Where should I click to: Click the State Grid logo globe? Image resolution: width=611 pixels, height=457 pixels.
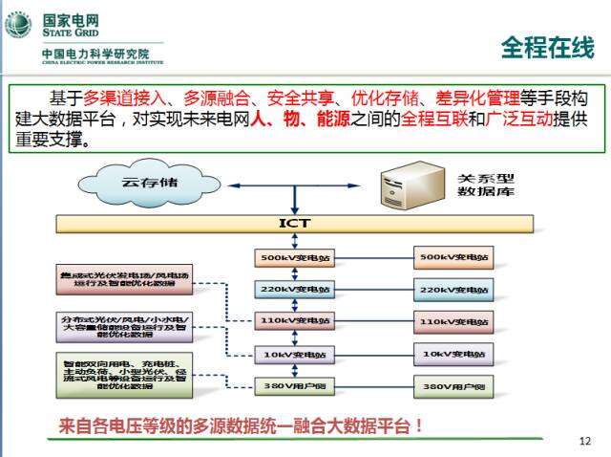click(18, 26)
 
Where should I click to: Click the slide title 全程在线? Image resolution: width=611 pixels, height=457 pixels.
click(548, 47)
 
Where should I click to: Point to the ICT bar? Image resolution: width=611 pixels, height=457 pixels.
click(294, 224)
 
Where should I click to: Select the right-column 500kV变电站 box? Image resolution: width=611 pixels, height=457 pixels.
click(454, 257)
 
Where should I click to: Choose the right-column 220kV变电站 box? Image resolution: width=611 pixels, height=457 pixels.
click(454, 289)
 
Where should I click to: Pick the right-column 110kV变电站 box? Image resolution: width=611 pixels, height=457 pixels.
click(454, 321)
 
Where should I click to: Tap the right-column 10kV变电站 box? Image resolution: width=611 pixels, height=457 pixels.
click(454, 355)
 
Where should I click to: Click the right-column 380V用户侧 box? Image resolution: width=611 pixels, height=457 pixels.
click(454, 387)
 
